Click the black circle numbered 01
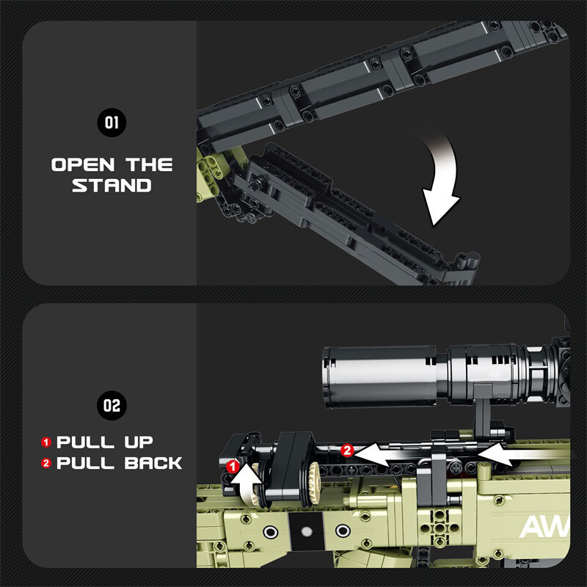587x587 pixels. coord(112,123)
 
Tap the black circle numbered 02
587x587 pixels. coord(112,406)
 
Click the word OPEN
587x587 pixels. coord(83,164)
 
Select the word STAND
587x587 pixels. coord(112,186)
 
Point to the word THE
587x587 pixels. coord(149,164)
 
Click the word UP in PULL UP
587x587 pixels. coord(139,442)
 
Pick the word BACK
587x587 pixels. coord(153,463)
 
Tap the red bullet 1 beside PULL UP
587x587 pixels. coord(46,442)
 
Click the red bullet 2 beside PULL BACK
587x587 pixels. coord(46,463)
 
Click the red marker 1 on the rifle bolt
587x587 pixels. coord(233,467)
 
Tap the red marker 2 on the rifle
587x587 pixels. coord(347,450)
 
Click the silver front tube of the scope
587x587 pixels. coord(380,376)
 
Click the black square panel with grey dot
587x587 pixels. coord(305,531)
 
